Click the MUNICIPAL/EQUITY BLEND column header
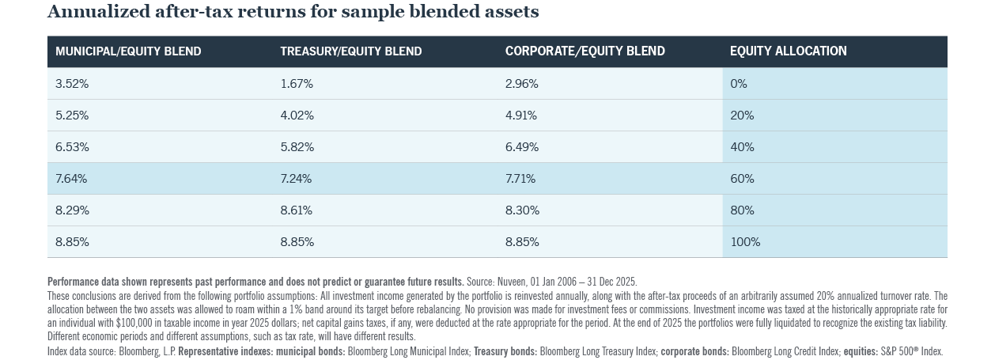128,51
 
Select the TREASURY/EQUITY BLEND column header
350,51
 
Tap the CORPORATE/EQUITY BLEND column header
585,51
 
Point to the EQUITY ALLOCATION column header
788,51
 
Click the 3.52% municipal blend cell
72,84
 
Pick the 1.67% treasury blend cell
297,84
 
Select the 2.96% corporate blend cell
521,84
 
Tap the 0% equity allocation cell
739,84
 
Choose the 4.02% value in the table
297,116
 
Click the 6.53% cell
72,147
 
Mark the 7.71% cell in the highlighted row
520,179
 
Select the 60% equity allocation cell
742,179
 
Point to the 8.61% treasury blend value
297,210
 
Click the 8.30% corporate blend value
521,210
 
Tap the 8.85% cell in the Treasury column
297,242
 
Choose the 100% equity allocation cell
745,242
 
